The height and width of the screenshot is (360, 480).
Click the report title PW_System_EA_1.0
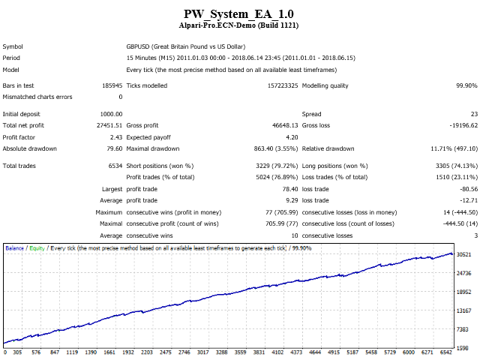pyautogui.click(x=240, y=13)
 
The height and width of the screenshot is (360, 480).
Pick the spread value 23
pyautogui.click(x=473, y=113)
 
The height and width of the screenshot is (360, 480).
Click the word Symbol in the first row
pyautogui.click(x=13, y=46)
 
